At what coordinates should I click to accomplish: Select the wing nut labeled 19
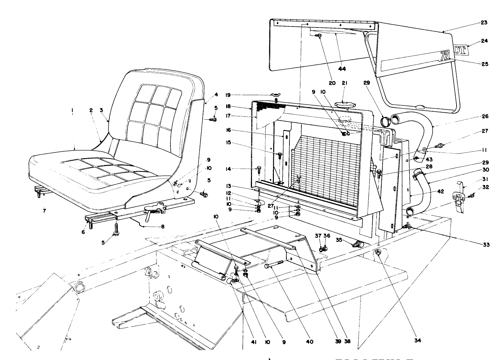(276, 96)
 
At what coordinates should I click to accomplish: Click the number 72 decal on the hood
(444, 56)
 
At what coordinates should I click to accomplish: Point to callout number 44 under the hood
(342, 69)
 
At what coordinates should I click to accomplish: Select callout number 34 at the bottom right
(418, 340)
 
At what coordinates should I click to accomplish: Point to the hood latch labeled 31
(459, 199)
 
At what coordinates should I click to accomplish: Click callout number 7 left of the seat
(44, 210)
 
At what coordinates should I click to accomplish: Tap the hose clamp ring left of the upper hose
(385, 122)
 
